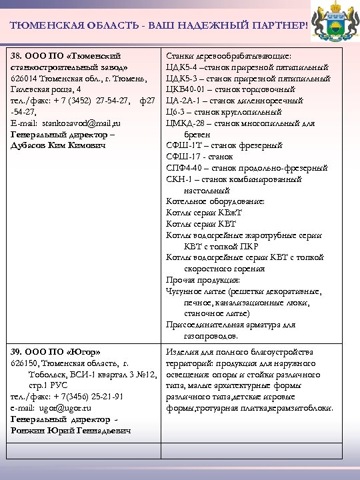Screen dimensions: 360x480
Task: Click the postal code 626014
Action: [x=24, y=79]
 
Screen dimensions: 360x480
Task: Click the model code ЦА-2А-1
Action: [x=183, y=101]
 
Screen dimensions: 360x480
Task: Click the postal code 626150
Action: [x=24, y=363]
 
